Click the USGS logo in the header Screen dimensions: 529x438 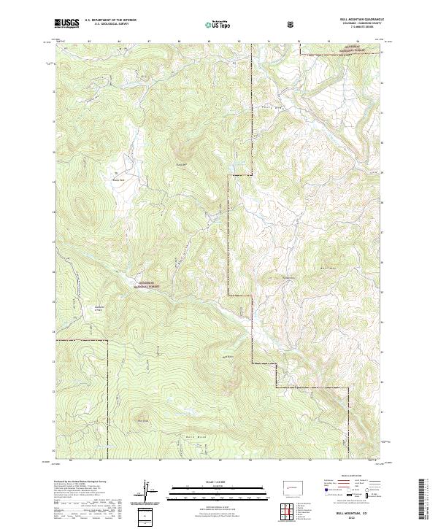(x=66, y=23)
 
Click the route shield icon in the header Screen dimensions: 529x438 (x=293, y=24)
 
